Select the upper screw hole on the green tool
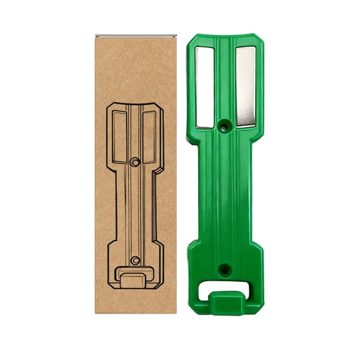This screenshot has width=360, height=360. tap(225, 126)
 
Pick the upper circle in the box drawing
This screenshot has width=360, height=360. tap(134, 162)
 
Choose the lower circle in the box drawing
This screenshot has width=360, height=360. tap(134, 259)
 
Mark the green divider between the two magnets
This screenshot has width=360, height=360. tap(225, 81)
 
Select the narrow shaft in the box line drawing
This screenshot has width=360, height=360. tap(134, 206)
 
